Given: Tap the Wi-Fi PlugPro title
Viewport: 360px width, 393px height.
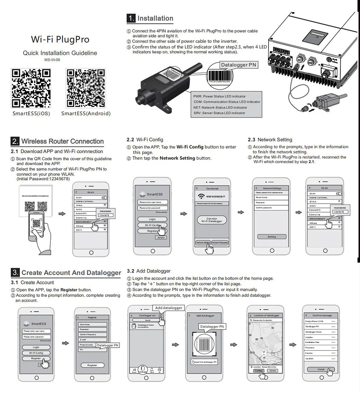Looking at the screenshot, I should (x=60, y=39).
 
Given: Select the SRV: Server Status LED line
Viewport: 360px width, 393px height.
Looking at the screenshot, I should (x=219, y=113).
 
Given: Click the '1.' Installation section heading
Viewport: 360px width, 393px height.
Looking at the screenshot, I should (x=150, y=19).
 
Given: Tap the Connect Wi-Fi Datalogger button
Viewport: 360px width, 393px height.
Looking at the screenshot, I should (x=212, y=220).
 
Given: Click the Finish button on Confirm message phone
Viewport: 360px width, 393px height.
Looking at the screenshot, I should (x=321, y=369).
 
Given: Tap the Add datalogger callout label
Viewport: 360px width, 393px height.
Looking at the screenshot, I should (x=169, y=308).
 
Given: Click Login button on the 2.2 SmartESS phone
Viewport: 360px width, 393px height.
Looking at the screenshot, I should (x=152, y=219).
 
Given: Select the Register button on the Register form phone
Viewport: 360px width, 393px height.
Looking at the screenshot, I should (x=92, y=365).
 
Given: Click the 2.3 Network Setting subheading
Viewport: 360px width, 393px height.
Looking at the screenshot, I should (x=270, y=140).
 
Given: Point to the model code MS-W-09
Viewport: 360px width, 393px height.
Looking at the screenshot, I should (x=52, y=60).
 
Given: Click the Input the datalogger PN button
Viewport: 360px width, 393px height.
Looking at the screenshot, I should (x=204, y=362).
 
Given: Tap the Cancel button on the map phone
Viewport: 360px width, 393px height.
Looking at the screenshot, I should (x=272, y=371).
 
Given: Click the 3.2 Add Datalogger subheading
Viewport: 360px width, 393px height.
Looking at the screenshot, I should (x=149, y=271).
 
